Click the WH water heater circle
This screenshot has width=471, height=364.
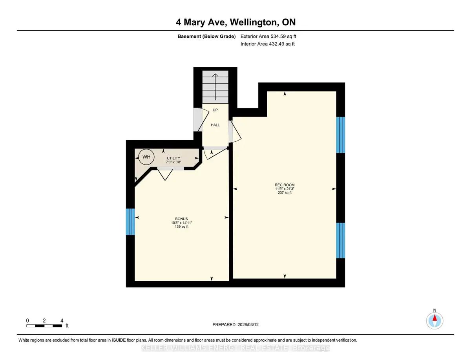pyautogui.click(x=146, y=157)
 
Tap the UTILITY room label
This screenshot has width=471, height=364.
pyautogui.click(x=173, y=158)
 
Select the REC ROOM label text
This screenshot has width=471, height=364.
pyautogui.click(x=285, y=185)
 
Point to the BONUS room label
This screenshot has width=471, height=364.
pyautogui.click(x=181, y=219)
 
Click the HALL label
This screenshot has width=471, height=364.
pyautogui.click(x=215, y=125)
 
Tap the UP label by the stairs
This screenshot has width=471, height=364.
pyautogui.click(x=215, y=110)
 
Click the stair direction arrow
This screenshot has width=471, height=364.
pyautogui.click(x=215, y=87)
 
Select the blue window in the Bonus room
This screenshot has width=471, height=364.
pyautogui.click(x=130, y=221)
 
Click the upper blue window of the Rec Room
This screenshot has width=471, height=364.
pyautogui.click(x=341, y=135)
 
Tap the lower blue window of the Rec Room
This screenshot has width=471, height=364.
pyautogui.click(x=341, y=240)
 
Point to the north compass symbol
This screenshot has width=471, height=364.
pyautogui.click(x=434, y=320)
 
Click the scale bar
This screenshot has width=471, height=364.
pyautogui.click(x=44, y=326)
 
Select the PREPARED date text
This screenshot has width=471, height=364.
pyautogui.click(x=235, y=325)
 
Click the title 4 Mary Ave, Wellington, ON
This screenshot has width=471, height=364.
pyautogui.click(x=235, y=22)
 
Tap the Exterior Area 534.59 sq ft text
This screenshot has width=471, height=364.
pyautogui.click(x=268, y=36)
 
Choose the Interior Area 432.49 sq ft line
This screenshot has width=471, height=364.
pyautogui.click(x=267, y=44)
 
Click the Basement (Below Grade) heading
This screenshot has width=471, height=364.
pyautogui.click(x=206, y=37)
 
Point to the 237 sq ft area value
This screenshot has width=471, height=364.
pyautogui.click(x=285, y=192)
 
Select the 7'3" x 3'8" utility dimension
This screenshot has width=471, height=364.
pyautogui.click(x=173, y=162)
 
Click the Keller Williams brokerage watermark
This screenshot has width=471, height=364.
pyautogui.click(x=235, y=348)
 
